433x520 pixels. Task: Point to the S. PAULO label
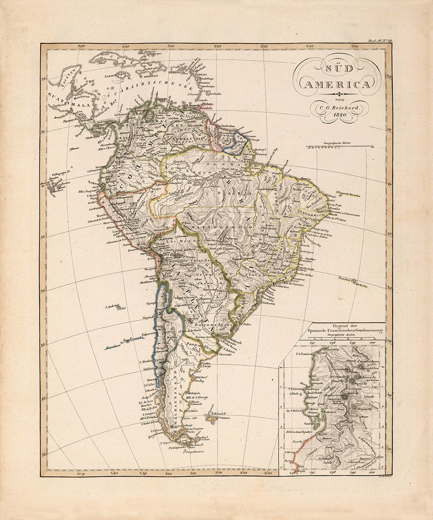tap(251, 275)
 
